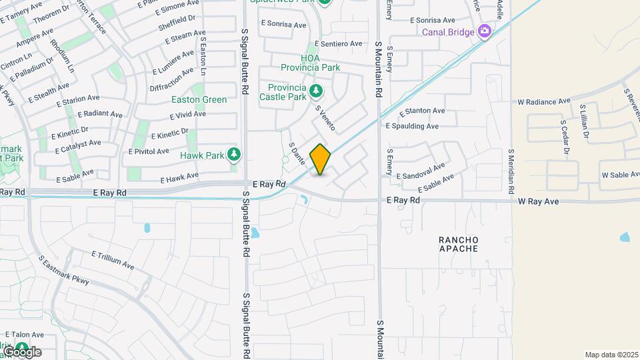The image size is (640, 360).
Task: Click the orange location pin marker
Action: point(321,159)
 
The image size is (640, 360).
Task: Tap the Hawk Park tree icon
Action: point(233,155)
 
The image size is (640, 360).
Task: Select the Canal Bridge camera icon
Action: point(485,31)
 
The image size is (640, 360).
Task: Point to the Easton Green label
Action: point(199,100)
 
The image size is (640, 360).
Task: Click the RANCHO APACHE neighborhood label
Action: point(459,244)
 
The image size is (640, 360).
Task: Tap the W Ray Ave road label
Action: point(547,201)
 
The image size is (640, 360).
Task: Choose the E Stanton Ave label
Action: point(421,111)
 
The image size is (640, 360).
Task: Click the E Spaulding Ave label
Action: point(412,125)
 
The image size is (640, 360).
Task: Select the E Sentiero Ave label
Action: point(339,44)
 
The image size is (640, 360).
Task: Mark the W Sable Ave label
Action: point(620,175)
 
